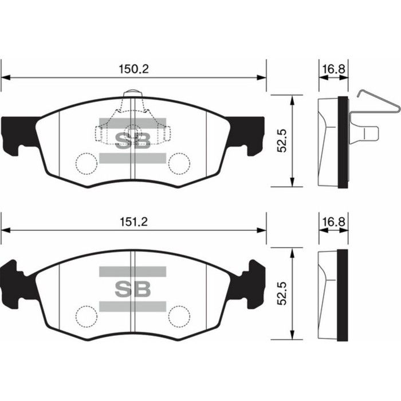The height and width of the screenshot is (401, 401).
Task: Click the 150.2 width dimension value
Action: [x=133, y=68]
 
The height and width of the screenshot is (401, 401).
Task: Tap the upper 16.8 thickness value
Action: [x=333, y=69]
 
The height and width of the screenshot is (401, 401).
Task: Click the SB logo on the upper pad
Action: [x=133, y=140]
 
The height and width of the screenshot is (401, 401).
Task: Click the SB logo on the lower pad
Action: [x=133, y=288]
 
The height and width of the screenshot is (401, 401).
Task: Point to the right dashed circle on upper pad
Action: [x=179, y=163]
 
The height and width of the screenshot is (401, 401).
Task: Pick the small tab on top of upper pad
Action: [x=133, y=93]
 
